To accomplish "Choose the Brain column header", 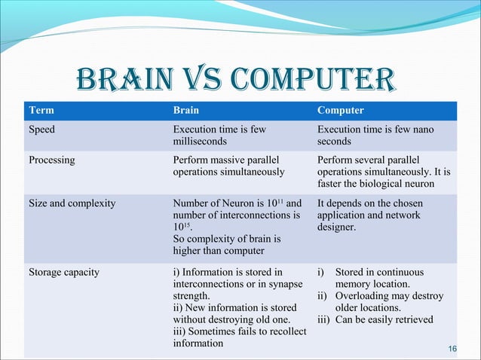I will (186, 110).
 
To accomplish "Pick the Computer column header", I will (340, 110).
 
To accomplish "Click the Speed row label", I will (41, 130).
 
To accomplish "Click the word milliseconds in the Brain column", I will (201, 142).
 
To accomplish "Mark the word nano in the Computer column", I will (421, 130).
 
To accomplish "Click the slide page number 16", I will (452, 349).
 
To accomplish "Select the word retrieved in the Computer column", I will (411, 319).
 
